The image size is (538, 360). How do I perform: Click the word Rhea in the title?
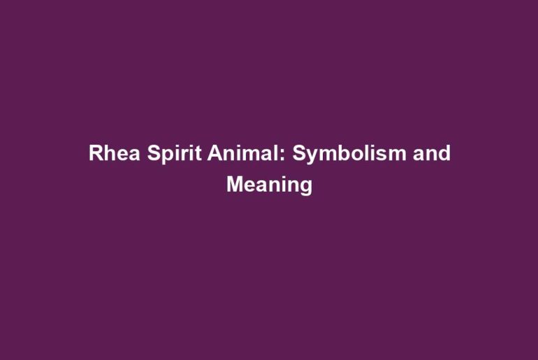pyautogui.click(x=115, y=153)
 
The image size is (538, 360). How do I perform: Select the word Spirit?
pyautogui.click(x=174, y=154)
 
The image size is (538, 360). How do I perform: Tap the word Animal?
pyautogui.click(x=244, y=152)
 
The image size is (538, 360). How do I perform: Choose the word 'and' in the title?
pyautogui.click(x=432, y=152)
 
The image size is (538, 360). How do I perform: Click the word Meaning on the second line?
pyautogui.click(x=269, y=186)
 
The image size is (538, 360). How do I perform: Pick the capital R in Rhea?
pyautogui.click(x=96, y=153)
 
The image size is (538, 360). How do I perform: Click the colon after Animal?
pyautogui.click(x=282, y=155)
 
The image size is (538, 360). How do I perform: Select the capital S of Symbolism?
pyautogui.click(x=299, y=153)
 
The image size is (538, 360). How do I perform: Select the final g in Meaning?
pyautogui.click(x=307, y=189)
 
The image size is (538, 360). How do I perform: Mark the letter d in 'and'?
pyautogui.click(x=444, y=153)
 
